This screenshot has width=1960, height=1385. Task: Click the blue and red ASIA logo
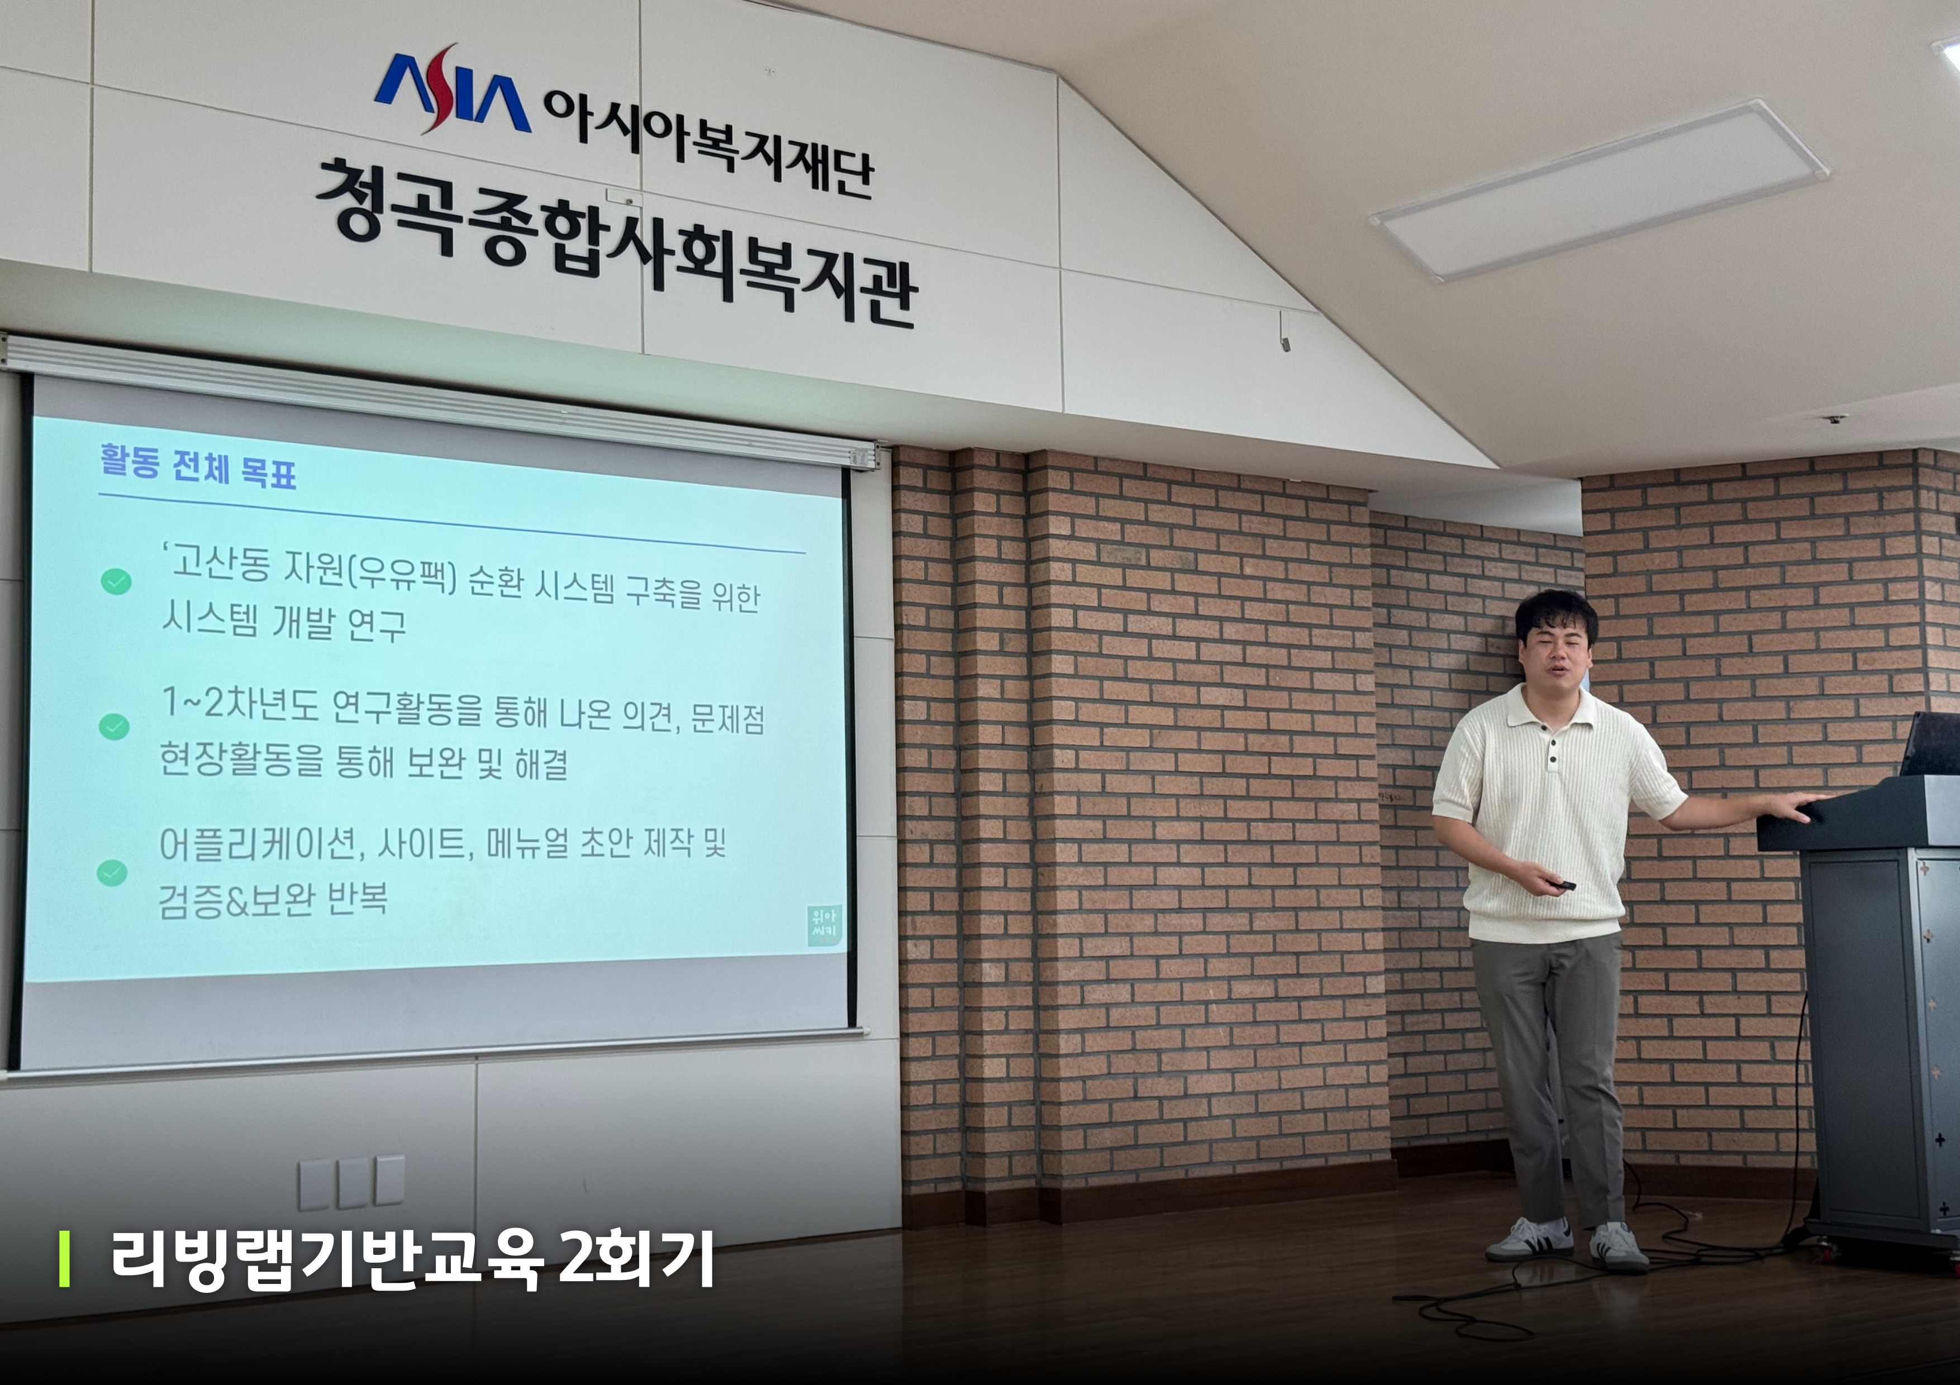click(453, 89)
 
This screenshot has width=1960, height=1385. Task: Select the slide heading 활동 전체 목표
click(198, 466)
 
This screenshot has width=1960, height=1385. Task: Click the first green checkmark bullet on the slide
click(116, 582)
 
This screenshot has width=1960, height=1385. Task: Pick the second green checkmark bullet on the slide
click(115, 727)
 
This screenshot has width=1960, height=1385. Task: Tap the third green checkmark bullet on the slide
click(113, 872)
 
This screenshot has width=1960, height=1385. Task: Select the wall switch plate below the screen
click(351, 1183)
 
